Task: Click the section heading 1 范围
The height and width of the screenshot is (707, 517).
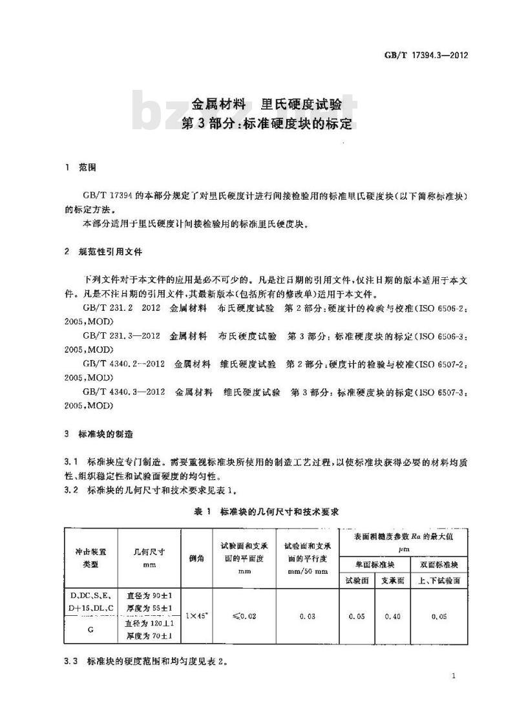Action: pyautogui.click(x=80, y=167)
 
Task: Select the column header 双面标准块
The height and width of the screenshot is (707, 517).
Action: pyautogui.click(x=438, y=564)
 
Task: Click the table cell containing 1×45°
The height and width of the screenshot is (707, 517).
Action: pyautogui.click(x=196, y=616)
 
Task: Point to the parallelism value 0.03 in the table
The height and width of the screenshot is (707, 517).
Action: pyautogui.click(x=307, y=616)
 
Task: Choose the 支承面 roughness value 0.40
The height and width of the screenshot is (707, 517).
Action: pyautogui.click(x=392, y=616)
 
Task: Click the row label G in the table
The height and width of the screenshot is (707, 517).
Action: pyautogui.click(x=90, y=629)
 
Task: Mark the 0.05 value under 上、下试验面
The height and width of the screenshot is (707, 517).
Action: pyautogui.click(x=438, y=616)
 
